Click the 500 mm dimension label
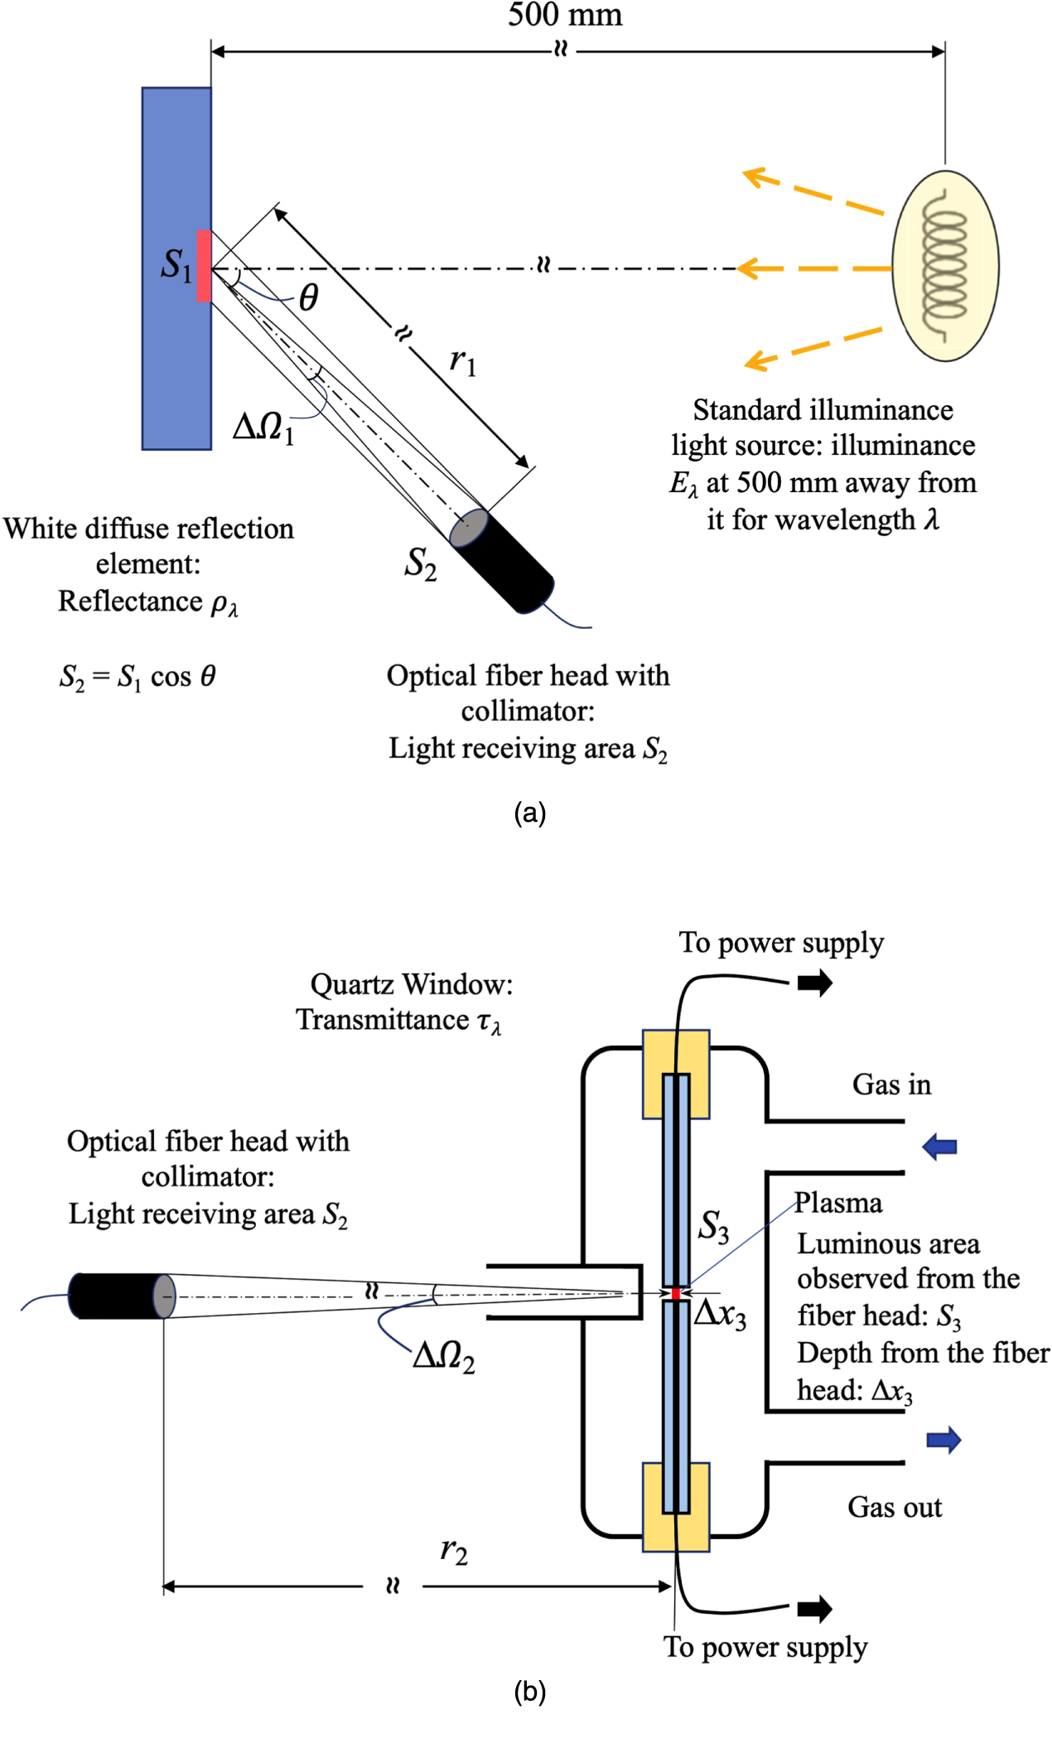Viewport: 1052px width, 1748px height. click(565, 15)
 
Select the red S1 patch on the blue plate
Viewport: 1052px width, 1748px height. click(204, 266)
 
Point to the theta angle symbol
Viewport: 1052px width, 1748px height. click(308, 297)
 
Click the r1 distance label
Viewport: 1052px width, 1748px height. click(462, 361)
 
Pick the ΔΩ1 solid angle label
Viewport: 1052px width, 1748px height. click(263, 427)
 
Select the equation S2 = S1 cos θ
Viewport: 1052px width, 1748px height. click(138, 677)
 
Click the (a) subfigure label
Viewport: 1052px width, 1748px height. click(529, 813)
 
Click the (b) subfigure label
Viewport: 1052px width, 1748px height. click(529, 1691)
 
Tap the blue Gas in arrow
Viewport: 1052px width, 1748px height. click(939, 1147)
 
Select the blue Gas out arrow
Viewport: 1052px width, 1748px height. click(943, 1440)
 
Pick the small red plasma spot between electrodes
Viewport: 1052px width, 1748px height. click(676, 1293)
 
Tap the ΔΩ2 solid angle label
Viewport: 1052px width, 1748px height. click(444, 1356)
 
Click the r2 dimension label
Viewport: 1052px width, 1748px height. click(454, 1550)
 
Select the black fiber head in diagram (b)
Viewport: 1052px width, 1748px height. click(116, 1296)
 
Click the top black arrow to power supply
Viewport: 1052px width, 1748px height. click(814, 983)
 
